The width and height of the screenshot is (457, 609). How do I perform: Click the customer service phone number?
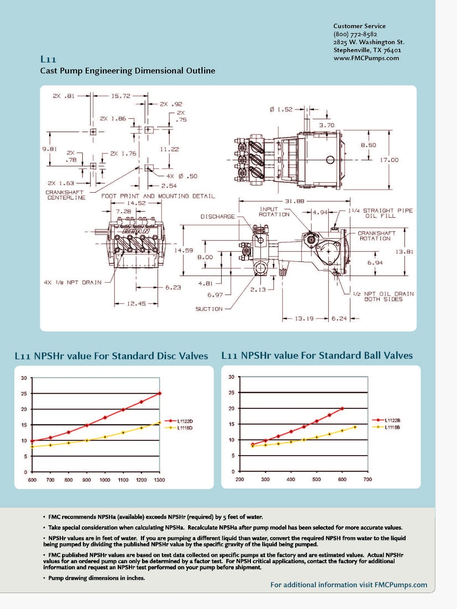tap(355, 34)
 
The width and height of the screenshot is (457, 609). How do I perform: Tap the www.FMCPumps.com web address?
tap(366, 58)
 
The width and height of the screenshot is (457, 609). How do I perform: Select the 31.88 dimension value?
tap(294, 201)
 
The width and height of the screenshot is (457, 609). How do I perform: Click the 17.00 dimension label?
tap(389, 160)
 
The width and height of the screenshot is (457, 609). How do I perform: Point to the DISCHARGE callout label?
tap(217, 217)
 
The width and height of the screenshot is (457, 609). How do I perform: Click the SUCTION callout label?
tap(209, 309)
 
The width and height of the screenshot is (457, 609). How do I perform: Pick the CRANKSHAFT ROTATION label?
tap(376, 236)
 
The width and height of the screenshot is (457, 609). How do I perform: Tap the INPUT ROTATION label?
tap(274, 212)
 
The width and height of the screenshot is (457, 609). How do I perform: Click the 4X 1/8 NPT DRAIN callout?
tap(73, 282)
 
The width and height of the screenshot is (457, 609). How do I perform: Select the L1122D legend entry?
tap(185, 421)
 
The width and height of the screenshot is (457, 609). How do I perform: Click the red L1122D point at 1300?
tap(160, 393)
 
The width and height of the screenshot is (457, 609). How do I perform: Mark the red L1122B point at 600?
tap(342, 408)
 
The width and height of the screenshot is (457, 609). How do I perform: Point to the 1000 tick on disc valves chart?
tap(105, 480)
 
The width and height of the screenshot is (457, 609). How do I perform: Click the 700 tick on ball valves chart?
tap(368, 479)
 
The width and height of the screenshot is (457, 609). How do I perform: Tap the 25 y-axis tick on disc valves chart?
tap(24, 394)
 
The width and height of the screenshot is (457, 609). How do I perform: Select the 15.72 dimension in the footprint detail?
tap(120, 96)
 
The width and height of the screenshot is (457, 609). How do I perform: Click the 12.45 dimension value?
tap(136, 304)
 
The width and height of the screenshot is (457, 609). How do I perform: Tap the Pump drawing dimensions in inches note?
tap(96, 578)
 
